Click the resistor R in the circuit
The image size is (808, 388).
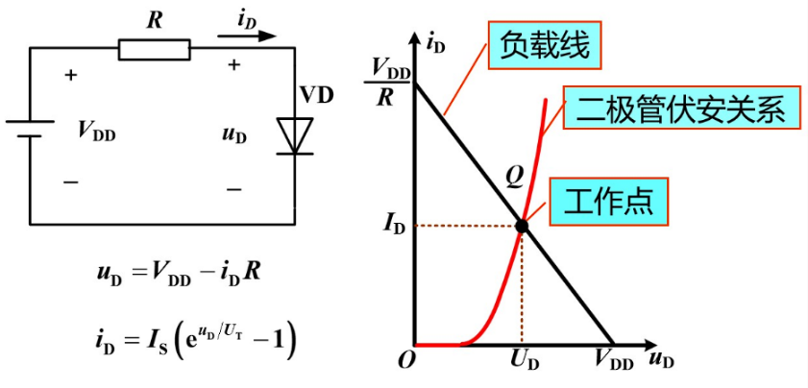[x=154, y=48]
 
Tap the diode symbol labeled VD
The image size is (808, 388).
[x=293, y=133]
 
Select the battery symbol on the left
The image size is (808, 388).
[x=30, y=129]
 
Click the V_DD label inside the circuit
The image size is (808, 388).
[x=96, y=133]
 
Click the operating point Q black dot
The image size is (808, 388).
[x=522, y=227]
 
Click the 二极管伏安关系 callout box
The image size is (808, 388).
[x=680, y=109]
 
